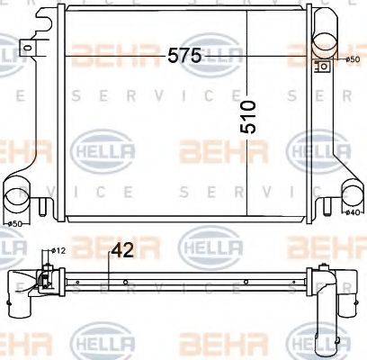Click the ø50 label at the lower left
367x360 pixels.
coord(15,223)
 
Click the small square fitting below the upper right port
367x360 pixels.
coord(320,67)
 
